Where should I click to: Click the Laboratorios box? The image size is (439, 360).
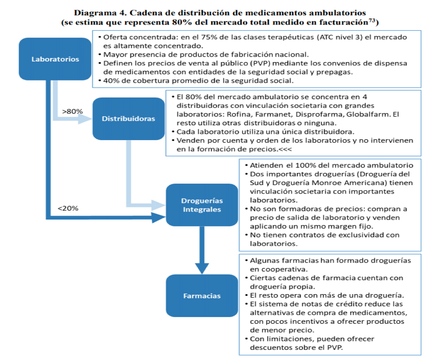pyautogui.click(x=55, y=59)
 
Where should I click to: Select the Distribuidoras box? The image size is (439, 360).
pyautogui.click(x=129, y=119)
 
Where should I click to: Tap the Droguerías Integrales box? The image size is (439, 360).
pyautogui.click(x=202, y=205)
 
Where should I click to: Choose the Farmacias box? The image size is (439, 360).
pyautogui.click(x=202, y=296)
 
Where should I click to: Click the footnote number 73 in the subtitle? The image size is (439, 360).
pyautogui.click(x=372, y=20)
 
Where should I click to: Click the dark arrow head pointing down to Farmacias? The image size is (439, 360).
pyautogui.click(x=202, y=268)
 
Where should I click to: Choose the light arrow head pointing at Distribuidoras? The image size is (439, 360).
pyautogui.click(x=85, y=119)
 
